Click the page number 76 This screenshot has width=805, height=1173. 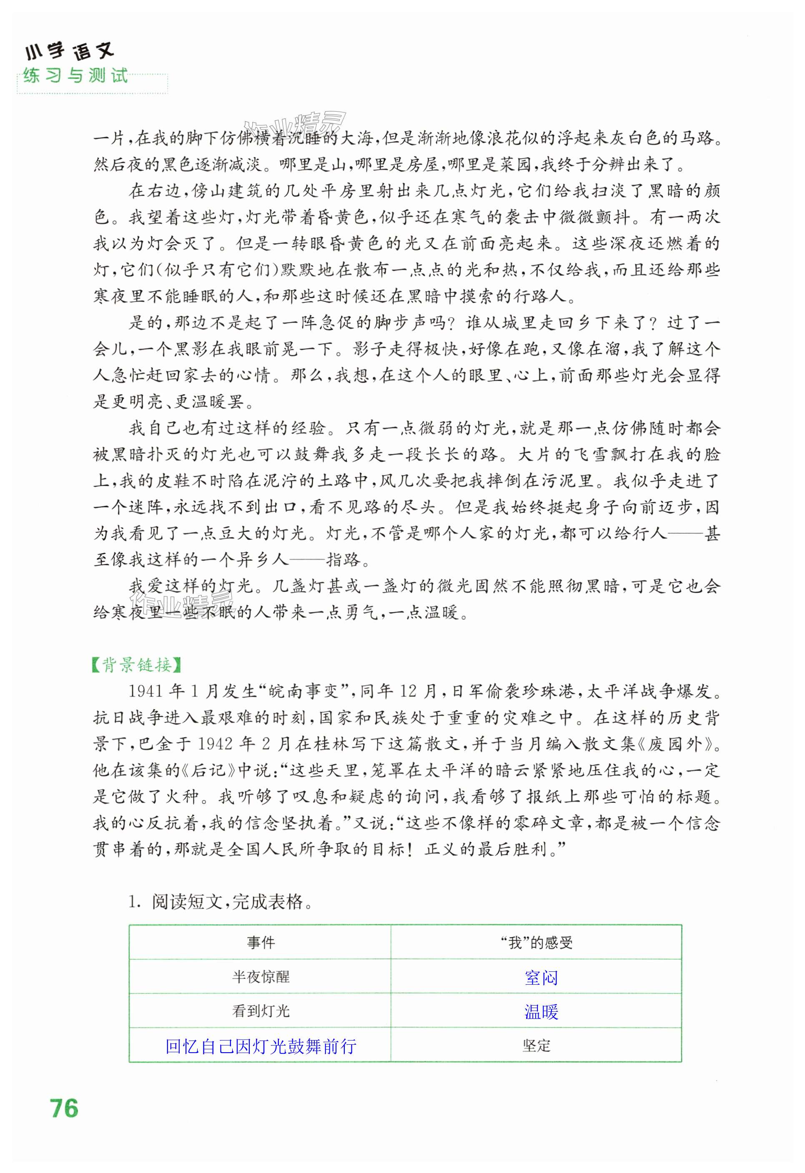point(64,1108)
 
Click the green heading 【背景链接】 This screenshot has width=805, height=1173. point(136,665)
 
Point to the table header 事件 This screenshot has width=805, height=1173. point(261,942)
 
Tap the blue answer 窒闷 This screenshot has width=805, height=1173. point(541,978)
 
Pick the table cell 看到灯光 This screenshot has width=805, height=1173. point(261,1011)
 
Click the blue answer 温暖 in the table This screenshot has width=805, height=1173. point(541,1012)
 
